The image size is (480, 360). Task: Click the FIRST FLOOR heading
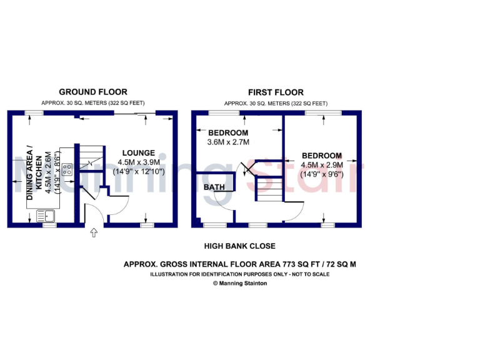pos(276,92)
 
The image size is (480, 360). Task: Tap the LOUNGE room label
pos(139,152)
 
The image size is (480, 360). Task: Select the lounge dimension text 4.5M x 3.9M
pos(139,161)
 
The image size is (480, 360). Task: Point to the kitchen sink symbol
pos(46,216)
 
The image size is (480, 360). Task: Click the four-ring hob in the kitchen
pos(66,169)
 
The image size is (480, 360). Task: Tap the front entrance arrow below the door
pos(94,233)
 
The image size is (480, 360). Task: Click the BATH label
pos(214,187)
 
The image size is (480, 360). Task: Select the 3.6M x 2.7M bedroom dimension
pos(228,142)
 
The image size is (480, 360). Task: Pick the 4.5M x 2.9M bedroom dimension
pos(322,165)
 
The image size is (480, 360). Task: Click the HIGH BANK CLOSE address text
pos(240,246)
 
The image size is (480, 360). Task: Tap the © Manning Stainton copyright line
pos(240,283)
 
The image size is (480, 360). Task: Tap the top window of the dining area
pos(35,113)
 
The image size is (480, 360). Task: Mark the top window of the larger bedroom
pos(324,113)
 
